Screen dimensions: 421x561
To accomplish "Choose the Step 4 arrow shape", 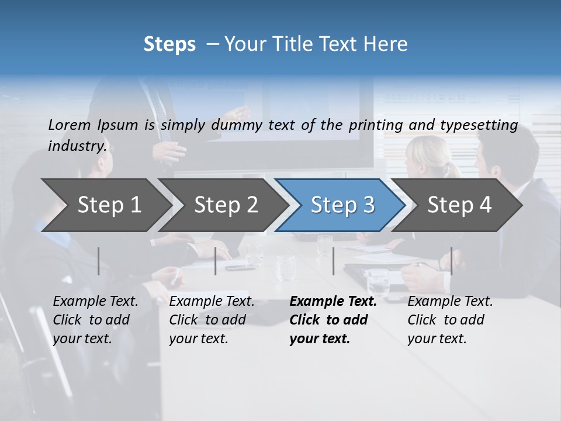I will click(459, 205).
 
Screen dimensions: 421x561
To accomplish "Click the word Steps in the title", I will click(169, 44).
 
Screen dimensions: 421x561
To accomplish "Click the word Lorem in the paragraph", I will click(68, 125).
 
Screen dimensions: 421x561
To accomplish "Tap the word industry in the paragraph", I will click(77, 146).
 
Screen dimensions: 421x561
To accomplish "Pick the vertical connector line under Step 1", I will click(99, 261).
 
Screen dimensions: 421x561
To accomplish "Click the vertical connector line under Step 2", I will click(216, 261).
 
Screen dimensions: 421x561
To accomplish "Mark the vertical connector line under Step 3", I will click(333, 261).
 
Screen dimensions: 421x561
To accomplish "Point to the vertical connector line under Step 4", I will click(451, 261).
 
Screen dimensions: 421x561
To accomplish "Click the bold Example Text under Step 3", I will click(333, 302).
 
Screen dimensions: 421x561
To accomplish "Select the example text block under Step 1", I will click(95, 320).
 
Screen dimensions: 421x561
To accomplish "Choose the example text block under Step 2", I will click(212, 320).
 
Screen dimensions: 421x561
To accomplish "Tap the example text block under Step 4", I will click(450, 320).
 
